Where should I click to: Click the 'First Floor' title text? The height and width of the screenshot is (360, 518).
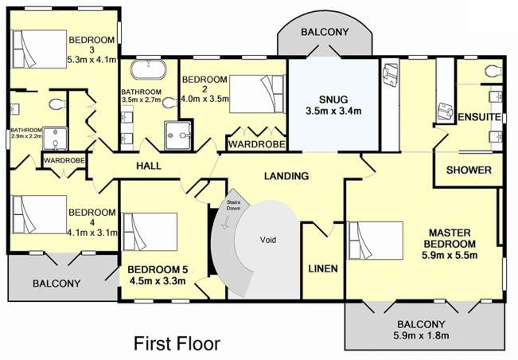(x=177, y=343)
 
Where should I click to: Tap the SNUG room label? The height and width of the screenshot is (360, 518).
(x=333, y=100)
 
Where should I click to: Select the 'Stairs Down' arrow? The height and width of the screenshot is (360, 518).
(x=226, y=222)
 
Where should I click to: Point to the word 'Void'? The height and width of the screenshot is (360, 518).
(x=268, y=240)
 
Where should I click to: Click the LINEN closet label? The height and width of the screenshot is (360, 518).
(x=323, y=268)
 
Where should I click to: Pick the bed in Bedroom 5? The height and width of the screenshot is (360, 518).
(x=150, y=232)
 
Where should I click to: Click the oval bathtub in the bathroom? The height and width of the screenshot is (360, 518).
(x=148, y=70)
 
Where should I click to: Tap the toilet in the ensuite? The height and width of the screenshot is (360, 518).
(x=494, y=71)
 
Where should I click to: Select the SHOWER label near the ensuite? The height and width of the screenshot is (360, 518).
(x=469, y=170)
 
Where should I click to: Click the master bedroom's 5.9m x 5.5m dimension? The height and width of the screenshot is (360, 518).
(x=450, y=255)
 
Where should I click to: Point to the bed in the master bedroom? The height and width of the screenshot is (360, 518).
(x=376, y=241)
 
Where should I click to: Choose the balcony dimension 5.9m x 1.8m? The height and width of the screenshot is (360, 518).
(x=421, y=335)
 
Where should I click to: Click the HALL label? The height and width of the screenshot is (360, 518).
(x=149, y=166)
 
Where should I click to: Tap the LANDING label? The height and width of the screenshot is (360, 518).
(x=286, y=176)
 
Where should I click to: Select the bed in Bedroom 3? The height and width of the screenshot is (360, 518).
(x=40, y=49)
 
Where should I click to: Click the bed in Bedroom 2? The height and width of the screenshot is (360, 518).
(x=257, y=94)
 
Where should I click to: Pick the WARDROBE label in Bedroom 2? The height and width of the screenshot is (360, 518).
(x=257, y=144)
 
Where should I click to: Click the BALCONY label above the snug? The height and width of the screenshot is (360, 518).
(x=325, y=32)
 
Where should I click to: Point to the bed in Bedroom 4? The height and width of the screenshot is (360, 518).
(x=40, y=214)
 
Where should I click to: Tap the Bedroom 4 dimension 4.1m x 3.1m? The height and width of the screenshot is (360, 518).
(x=92, y=233)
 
